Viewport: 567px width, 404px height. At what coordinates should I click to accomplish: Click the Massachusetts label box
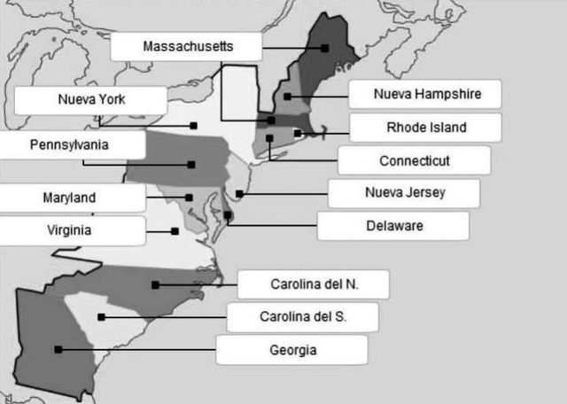[x=187, y=46]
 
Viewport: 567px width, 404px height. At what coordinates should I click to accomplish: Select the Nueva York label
[x=91, y=99]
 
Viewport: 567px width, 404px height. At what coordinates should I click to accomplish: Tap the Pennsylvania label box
[x=70, y=144]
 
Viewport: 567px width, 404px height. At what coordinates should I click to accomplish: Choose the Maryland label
[x=70, y=198]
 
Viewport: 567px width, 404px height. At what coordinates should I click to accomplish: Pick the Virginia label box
[x=70, y=231]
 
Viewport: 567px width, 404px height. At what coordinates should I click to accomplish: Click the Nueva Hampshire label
[x=426, y=94]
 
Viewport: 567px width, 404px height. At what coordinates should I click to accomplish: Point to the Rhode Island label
[x=426, y=128]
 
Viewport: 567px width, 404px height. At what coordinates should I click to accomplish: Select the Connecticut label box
[x=414, y=160]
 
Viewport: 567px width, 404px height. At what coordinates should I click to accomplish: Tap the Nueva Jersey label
[x=405, y=192]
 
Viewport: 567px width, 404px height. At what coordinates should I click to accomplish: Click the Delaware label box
[x=394, y=225]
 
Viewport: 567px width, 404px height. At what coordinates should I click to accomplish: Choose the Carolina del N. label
[x=314, y=284]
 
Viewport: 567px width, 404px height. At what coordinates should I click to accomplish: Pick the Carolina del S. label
[x=303, y=317]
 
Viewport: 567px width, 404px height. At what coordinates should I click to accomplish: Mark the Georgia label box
[x=292, y=350]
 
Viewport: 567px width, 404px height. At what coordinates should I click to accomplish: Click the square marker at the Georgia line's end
[x=58, y=349]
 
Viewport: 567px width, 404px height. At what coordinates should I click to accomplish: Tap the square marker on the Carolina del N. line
[x=155, y=284]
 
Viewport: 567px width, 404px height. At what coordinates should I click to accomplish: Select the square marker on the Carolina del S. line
[x=102, y=316]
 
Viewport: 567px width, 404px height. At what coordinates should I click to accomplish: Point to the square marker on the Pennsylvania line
[x=190, y=164]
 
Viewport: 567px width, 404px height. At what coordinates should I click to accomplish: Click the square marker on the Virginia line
[x=175, y=231]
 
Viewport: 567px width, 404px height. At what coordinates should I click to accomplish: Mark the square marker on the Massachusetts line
[x=325, y=48]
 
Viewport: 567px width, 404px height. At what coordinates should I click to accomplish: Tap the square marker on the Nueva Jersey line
[x=239, y=193]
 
